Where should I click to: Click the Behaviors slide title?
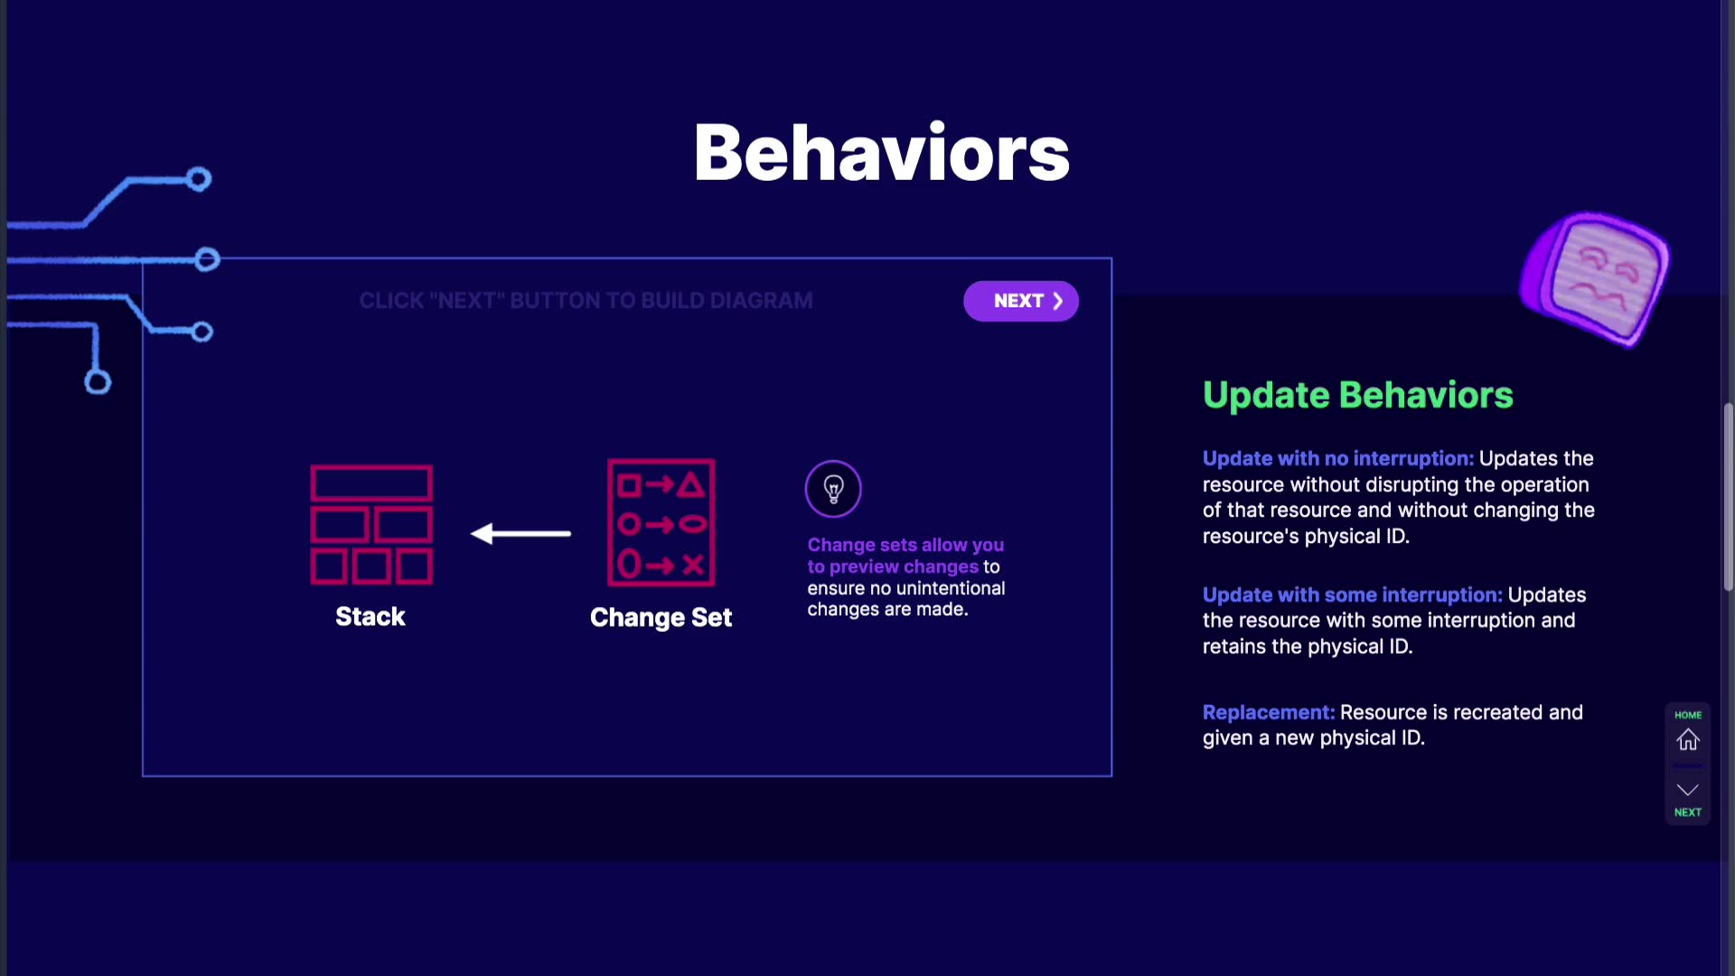coord(881,152)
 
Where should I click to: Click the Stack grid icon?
coord(371,525)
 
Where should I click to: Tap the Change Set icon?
coord(661,523)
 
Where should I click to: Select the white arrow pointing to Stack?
coord(520,534)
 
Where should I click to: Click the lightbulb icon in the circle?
coord(833,489)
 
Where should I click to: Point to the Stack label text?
coord(370,616)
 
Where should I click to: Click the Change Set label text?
coord(661,617)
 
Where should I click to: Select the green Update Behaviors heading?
coord(1357,395)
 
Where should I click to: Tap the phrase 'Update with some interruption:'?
coord(1353,595)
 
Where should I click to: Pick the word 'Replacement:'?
coord(1269,712)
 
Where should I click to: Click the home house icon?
coord(1688,740)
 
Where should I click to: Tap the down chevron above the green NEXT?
coord(1688,789)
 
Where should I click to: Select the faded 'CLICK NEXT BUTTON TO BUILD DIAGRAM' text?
coord(586,301)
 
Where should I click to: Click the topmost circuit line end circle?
coord(199,179)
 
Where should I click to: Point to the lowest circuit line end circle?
coord(98,382)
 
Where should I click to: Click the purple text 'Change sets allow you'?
coord(905,545)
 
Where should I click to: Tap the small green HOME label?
coord(1688,715)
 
